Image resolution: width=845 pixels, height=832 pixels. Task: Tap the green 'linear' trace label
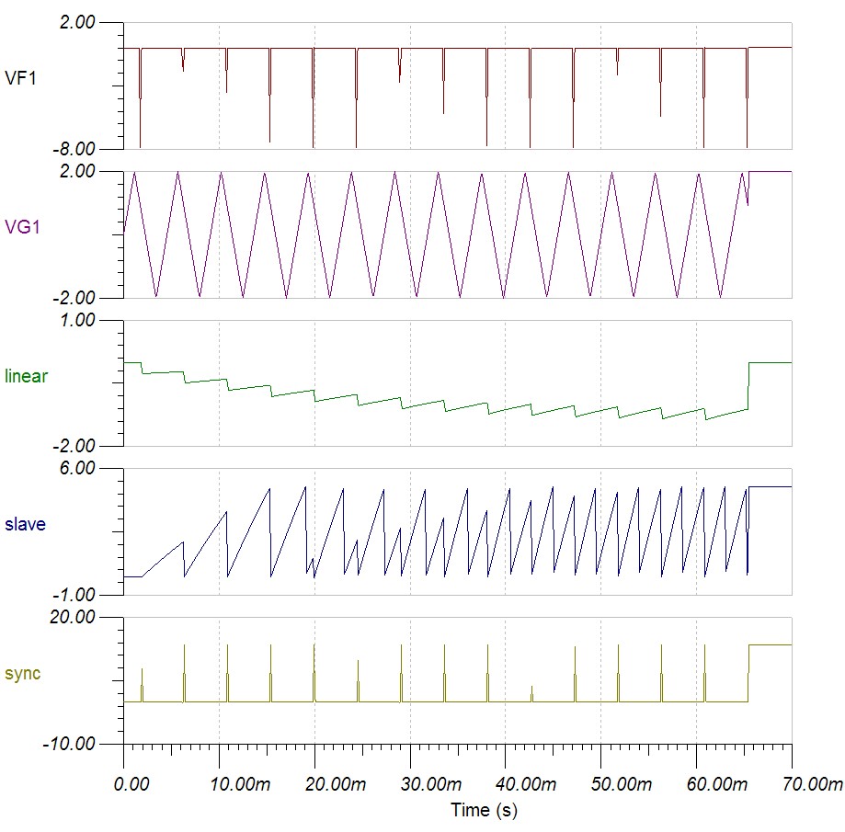coord(27,376)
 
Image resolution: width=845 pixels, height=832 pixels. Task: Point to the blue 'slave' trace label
coord(26,525)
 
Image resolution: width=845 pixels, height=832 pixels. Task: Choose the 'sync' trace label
coord(23,674)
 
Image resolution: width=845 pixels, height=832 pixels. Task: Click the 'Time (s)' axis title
coord(483,810)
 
